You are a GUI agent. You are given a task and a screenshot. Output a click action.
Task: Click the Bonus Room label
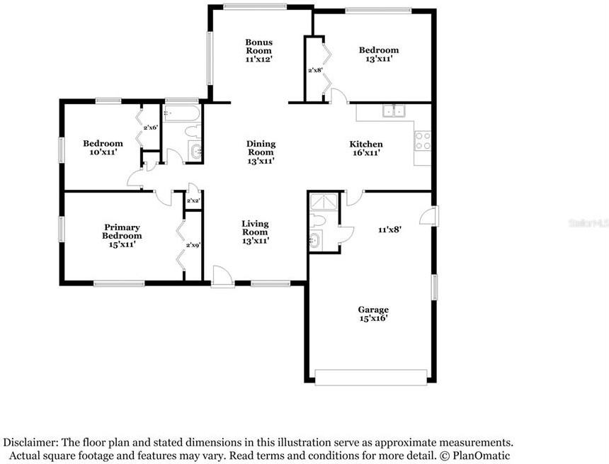tap(258, 51)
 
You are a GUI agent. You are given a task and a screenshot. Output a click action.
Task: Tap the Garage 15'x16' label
tap(372, 314)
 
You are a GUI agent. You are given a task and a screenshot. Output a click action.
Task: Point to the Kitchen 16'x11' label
tap(366, 148)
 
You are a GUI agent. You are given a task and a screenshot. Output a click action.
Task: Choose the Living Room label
tap(255, 232)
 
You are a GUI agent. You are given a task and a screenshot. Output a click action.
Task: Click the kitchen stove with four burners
tap(422, 140)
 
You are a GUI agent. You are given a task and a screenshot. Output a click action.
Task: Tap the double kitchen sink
tap(393, 111)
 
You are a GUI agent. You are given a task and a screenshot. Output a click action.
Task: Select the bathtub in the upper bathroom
tap(181, 113)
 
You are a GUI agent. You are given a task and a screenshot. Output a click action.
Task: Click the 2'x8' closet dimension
tap(315, 70)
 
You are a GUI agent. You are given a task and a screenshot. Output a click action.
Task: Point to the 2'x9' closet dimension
tap(193, 245)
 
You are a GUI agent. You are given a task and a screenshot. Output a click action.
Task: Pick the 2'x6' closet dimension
tap(150, 128)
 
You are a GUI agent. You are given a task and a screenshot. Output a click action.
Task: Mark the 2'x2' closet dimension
tap(193, 201)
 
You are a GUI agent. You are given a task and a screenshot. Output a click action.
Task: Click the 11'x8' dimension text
tap(389, 230)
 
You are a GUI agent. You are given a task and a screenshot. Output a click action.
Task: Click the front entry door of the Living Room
tap(221, 276)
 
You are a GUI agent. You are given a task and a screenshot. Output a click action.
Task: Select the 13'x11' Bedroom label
tap(378, 55)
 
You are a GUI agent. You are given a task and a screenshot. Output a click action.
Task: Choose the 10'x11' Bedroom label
tap(103, 147)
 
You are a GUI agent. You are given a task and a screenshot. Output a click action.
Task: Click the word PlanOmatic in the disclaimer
tap(477, 456)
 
